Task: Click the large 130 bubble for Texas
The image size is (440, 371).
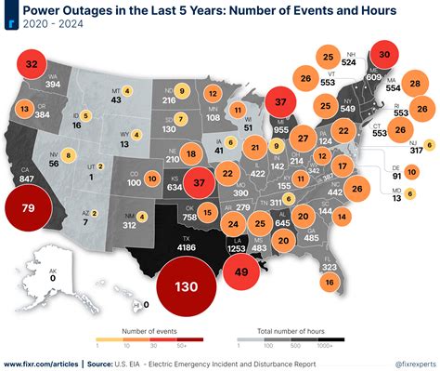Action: (x=188, y=286)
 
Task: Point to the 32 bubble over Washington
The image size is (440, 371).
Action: (x=32, y=64)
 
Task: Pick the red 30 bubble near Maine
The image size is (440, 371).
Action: (x=386, y=54)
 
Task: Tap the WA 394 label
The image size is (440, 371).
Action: (x=52, y=80)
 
